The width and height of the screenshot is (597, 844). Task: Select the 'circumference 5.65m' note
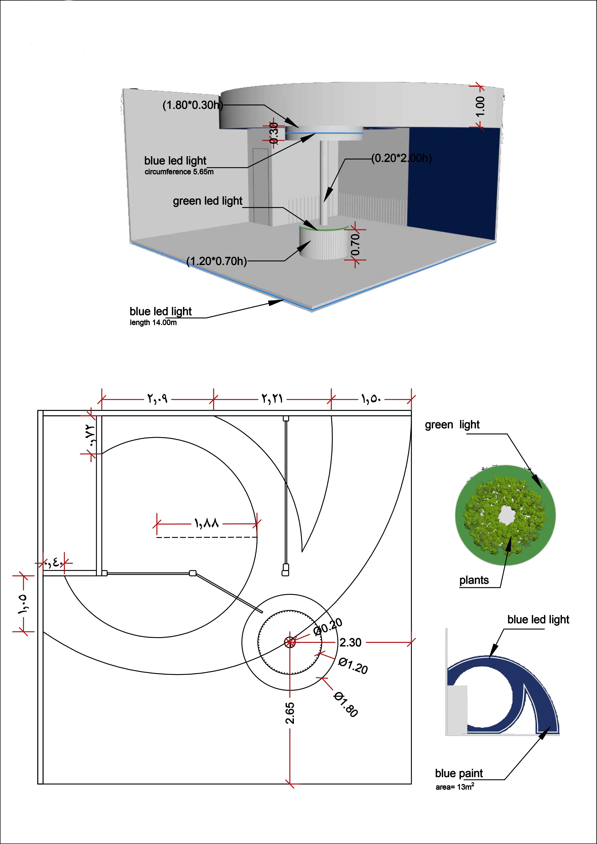tap(179, 172)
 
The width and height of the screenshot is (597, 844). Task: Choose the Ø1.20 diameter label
tap(353, 666)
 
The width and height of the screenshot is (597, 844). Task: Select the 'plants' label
tap(474, 580)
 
